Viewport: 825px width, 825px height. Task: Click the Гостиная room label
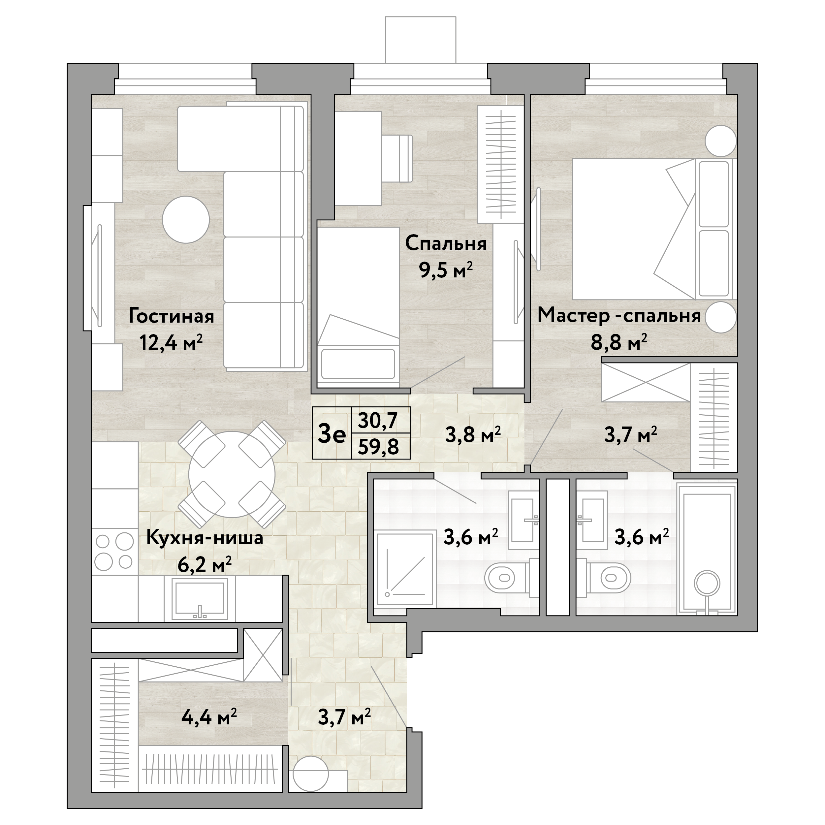click(171, 317)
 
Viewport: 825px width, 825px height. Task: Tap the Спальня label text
click(446, 244)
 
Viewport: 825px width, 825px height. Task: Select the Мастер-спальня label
click(619, 316)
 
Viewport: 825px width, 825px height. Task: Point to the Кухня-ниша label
click(205, 538)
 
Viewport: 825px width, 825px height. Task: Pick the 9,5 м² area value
click(446, 270)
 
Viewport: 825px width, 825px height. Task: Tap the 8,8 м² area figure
click(619, 342)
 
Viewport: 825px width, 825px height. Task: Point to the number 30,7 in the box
click(378, 421)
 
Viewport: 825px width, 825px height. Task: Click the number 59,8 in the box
click(378, 447)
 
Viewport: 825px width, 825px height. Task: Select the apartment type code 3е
click(332, 435)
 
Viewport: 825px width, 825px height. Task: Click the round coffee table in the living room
click(186, 219)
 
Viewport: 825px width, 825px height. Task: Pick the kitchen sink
click(200, 599)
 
